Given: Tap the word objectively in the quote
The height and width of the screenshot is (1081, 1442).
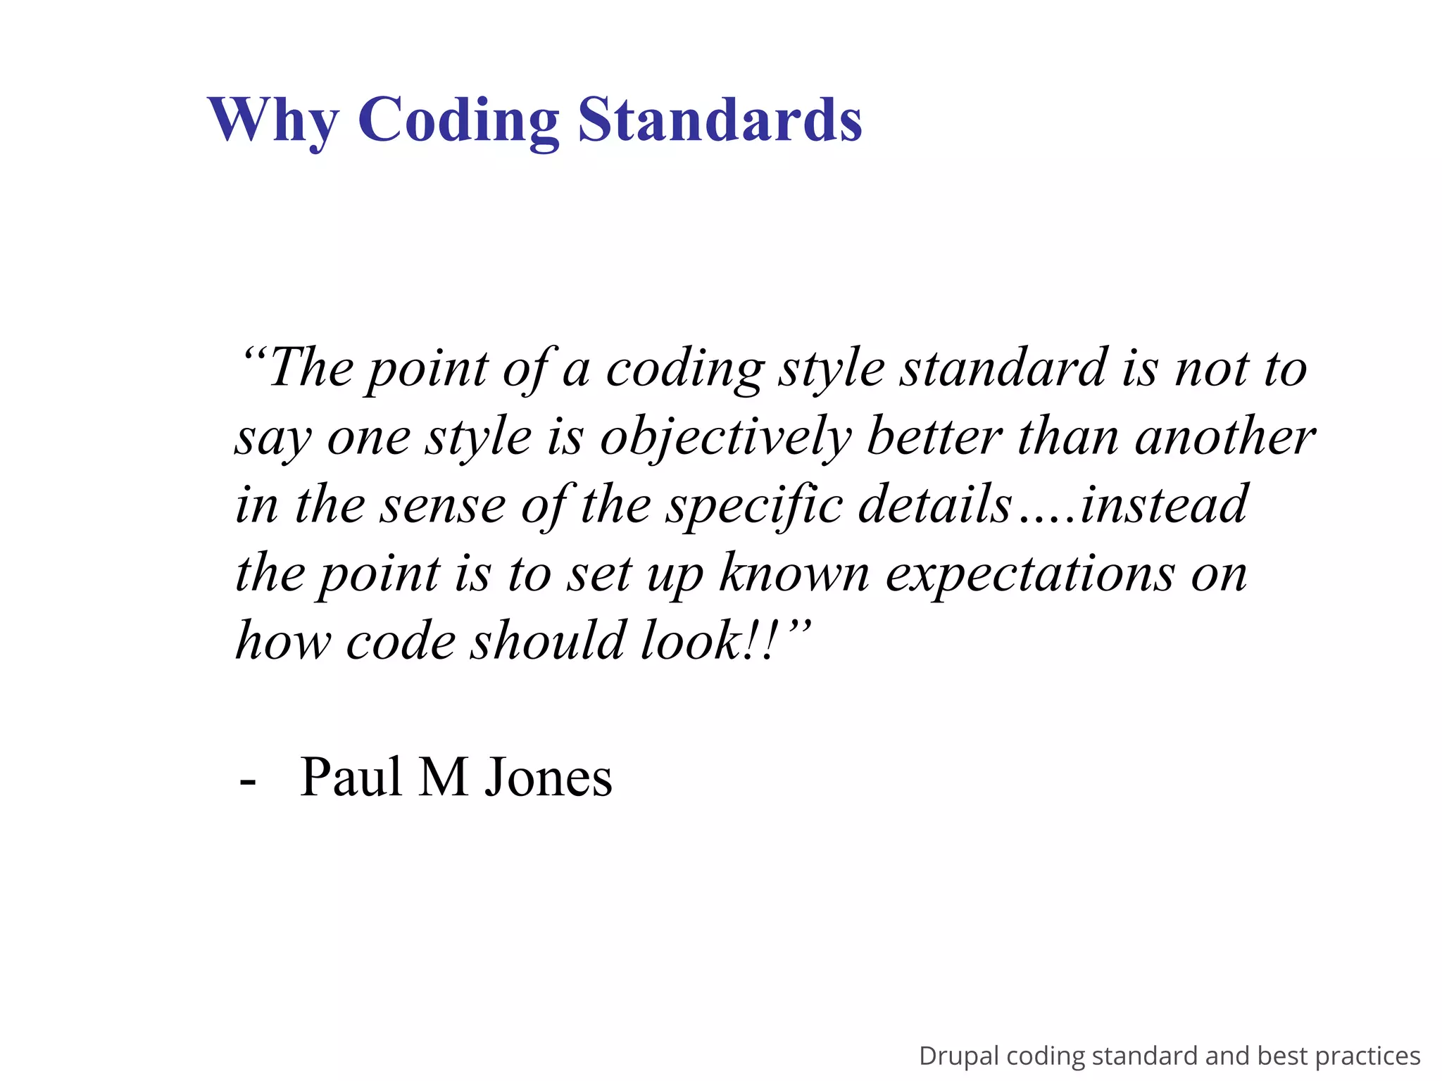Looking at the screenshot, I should point(726,437).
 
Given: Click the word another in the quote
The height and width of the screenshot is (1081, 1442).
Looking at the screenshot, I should point(1225,437).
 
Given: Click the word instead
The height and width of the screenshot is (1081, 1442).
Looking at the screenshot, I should point(1165,504).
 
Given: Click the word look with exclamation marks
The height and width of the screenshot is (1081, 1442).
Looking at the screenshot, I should point(708,640).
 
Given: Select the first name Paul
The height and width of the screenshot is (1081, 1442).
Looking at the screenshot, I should point(351,777).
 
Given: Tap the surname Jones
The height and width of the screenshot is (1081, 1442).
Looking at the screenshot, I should point(548,777).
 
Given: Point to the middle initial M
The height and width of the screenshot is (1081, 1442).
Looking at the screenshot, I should point(444,777).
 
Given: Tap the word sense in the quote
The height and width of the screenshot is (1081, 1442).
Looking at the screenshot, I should point(442,505).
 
